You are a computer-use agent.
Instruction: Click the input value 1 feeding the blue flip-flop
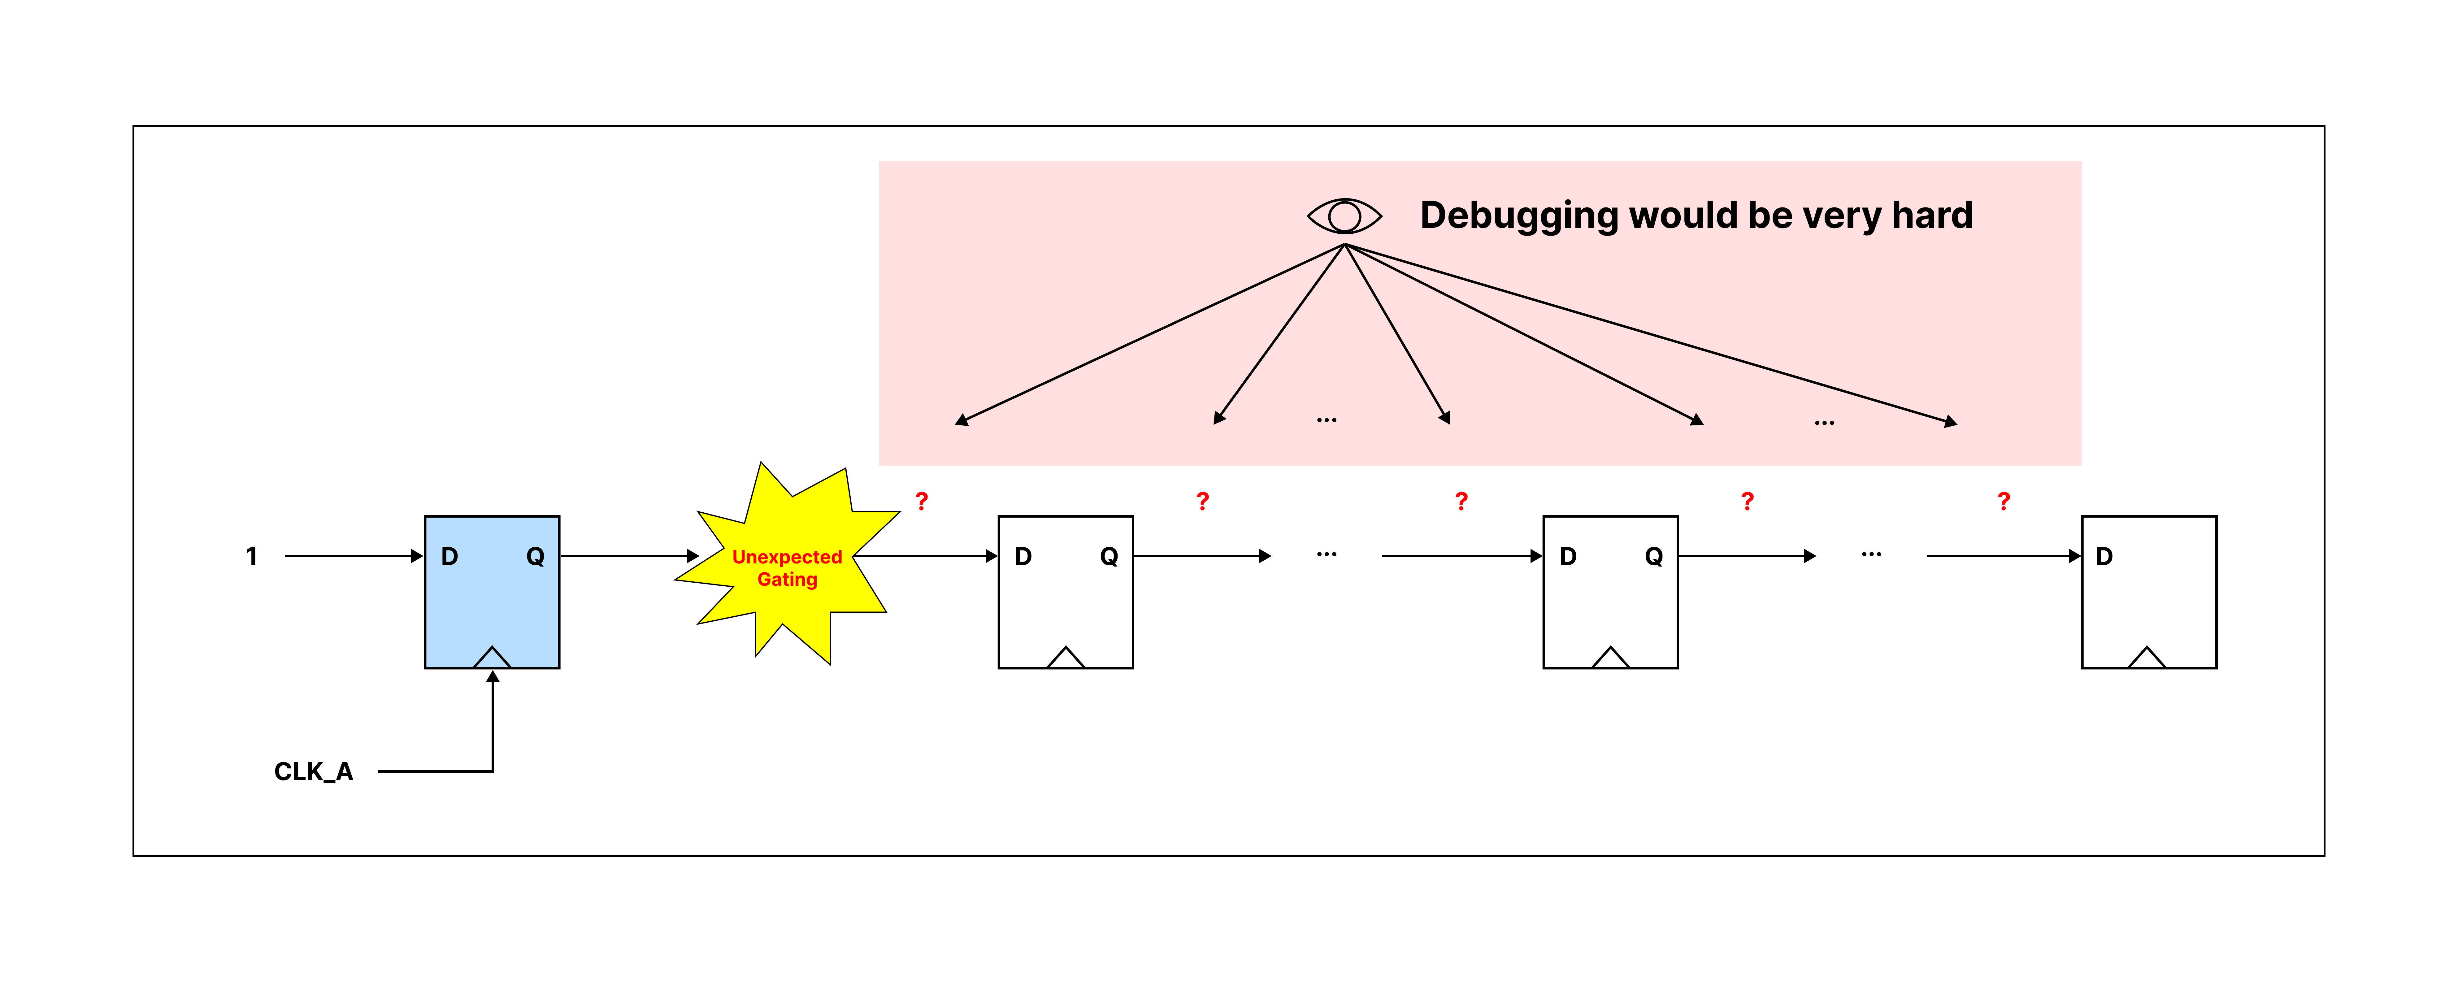[252, 556]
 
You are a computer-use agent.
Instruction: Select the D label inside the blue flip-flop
[449, 556]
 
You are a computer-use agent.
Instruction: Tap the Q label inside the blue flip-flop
[535, 556]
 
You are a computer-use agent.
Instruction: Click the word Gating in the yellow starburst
[787, 579]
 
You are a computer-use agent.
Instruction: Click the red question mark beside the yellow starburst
[922, 501]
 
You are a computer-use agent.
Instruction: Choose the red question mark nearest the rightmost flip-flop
[2004, 501]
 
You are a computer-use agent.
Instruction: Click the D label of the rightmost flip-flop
[2104, 556]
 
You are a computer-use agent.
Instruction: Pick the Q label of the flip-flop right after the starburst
[1109, 556]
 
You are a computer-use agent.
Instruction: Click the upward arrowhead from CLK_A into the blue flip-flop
[492, 677]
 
